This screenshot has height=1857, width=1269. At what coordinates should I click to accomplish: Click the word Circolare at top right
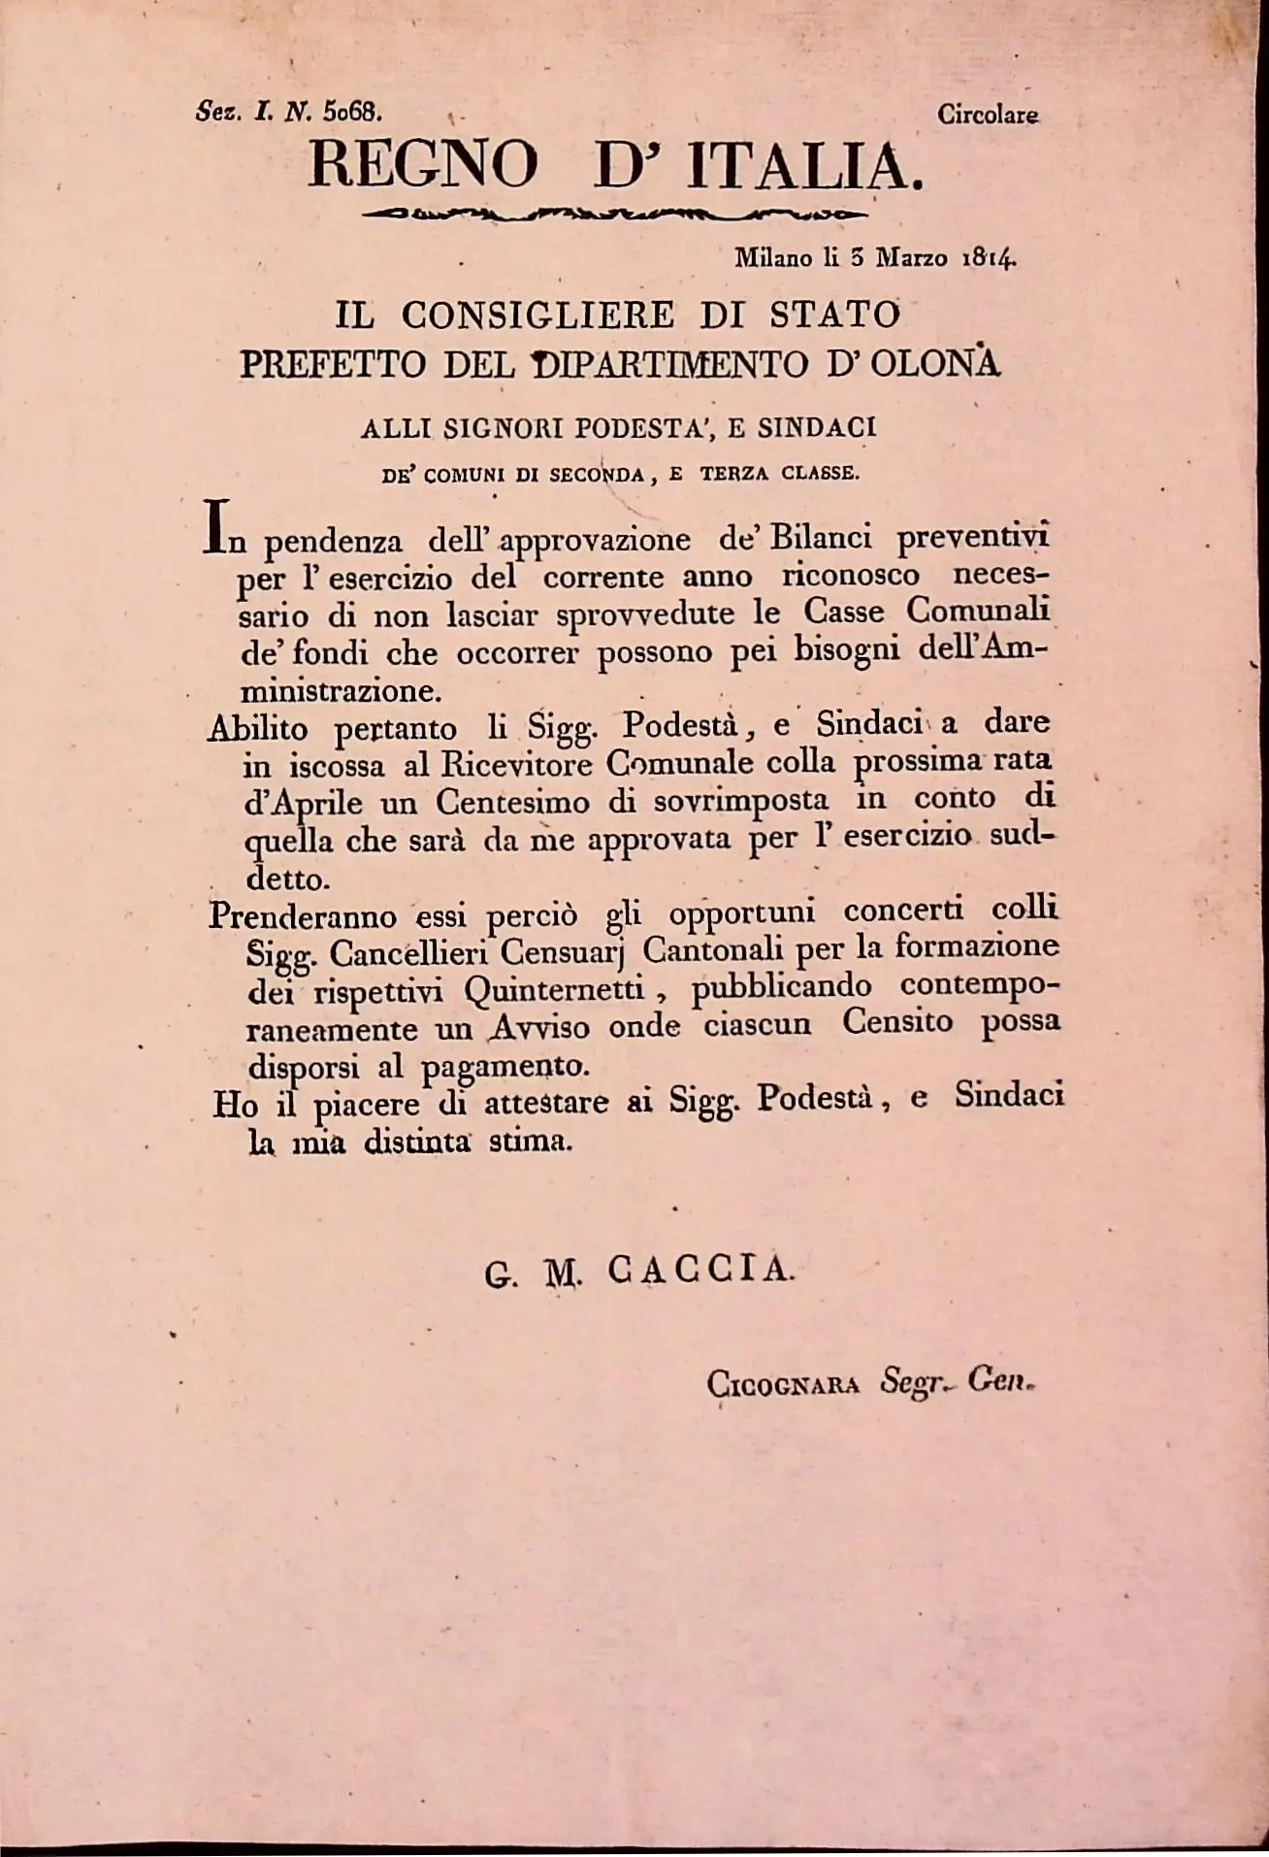989,116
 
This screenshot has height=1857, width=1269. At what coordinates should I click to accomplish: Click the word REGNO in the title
423,165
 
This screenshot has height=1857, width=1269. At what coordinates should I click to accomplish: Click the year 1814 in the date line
988,259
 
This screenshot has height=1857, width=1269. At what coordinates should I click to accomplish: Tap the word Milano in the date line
773,259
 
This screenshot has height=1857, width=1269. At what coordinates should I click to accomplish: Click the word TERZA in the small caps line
736,475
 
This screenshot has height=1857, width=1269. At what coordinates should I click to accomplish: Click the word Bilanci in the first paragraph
822,538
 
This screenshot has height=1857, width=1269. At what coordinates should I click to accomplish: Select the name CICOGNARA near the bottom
784,1383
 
